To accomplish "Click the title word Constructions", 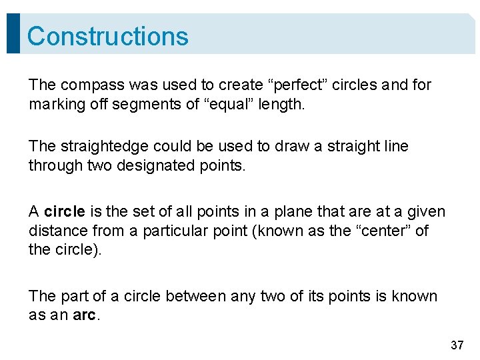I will pos(108,36).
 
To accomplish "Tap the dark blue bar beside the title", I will pos(13,33).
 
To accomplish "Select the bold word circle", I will pos(65,212).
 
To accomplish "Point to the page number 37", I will pos(457,345).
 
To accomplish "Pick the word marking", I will pos(55,105).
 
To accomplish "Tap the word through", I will pos(55,166).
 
